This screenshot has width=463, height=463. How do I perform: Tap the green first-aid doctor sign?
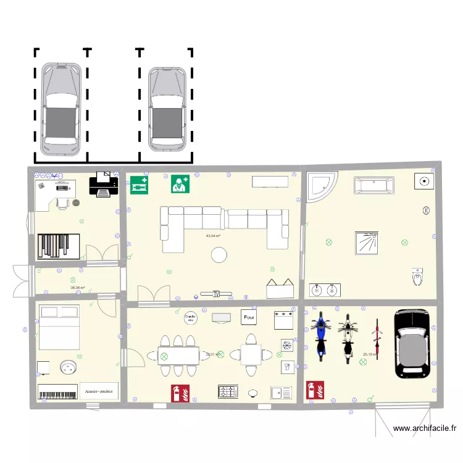tap(180, 184)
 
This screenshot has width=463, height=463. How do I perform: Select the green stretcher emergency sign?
tap(139, 184)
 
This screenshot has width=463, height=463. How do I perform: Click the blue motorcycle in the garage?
tap(320, 336)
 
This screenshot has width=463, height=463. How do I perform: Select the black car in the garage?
tap(412, 343)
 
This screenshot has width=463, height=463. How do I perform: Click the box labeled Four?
tap(249, 317)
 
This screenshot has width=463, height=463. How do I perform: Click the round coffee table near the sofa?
tap(219, 254)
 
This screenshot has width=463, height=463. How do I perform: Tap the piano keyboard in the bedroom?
tap(57, 392)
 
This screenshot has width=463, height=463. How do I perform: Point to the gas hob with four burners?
tap(228, 391)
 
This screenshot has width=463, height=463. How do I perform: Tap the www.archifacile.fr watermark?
tap(424, 428)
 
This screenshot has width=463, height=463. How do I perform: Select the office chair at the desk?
tap(62, 202)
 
